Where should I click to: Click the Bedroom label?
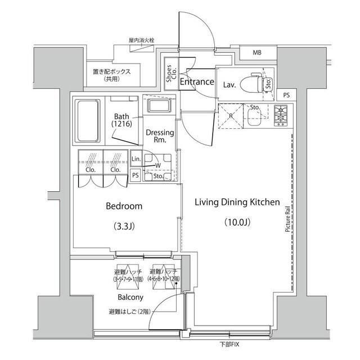(124, 206)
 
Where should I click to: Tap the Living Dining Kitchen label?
(237, 202)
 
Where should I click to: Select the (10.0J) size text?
(237, 222)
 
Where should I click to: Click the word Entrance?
(197, 82)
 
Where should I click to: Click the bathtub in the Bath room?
(88, 118)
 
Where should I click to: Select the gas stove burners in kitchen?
(281, 115)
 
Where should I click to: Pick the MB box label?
(257, 53)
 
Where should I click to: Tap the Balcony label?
(130, 297)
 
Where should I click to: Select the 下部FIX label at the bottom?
(230, 344)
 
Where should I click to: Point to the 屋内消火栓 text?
(141, 41)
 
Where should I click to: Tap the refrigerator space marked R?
(229, 115)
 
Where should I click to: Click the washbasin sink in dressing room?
(161, 105)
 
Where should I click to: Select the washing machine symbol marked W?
(157, 165)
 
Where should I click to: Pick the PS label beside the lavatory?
(286, 95)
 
